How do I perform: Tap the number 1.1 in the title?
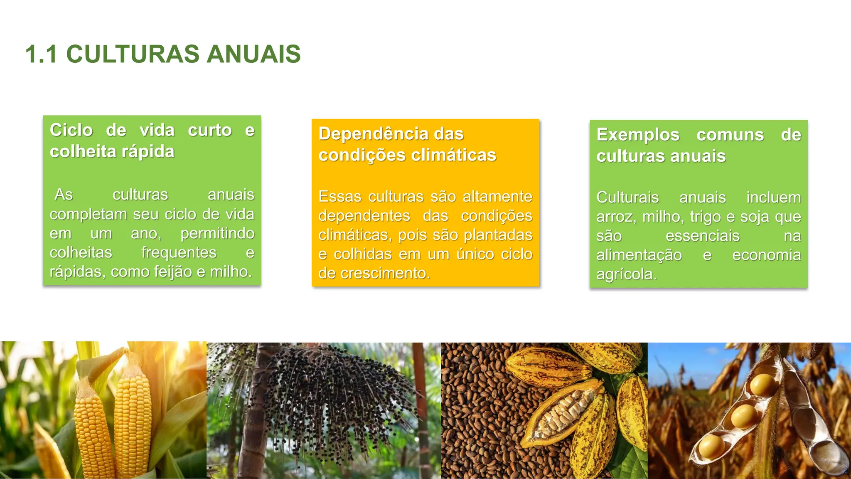(x=41, y=54)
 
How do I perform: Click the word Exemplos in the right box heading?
(x=638, y=135)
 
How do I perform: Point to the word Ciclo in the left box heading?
(x=71, y=130)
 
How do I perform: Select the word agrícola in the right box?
(x=626, y=274)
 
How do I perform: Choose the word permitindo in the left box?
(x=217, y=233)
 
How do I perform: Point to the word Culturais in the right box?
(x=627, y=198)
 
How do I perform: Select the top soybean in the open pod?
(x=762, y=384)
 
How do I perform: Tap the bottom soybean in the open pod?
(x=711, y=447)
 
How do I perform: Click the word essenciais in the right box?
(x=702, y=236)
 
